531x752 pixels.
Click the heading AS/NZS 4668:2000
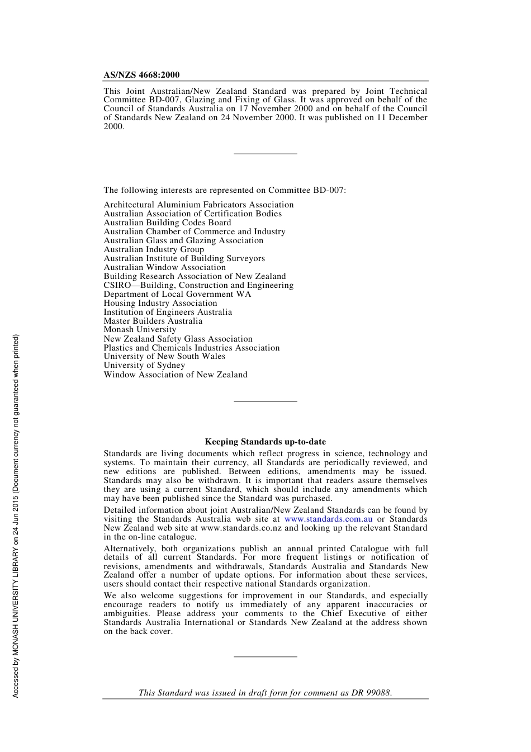point(141,75)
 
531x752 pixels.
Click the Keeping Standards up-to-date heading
point(265,442)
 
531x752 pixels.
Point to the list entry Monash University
point(140,330)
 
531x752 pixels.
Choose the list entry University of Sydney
point(144,366)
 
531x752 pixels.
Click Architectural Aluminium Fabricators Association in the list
point(198,205)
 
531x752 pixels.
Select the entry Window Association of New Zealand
point(176,375)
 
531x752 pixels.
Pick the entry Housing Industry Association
point(160,303)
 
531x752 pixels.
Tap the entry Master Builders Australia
point(153,321)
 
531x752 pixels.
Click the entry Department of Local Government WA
point(177,294)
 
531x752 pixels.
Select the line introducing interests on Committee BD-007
point(225,190)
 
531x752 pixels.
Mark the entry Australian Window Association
point(165,267)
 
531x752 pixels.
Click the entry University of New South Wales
point(164,357)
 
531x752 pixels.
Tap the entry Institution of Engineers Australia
point(168,312)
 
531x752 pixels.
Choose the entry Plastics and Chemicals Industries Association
point(192,348)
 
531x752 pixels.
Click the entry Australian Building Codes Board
point(167,223)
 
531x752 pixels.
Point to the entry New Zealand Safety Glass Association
point(178,339)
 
